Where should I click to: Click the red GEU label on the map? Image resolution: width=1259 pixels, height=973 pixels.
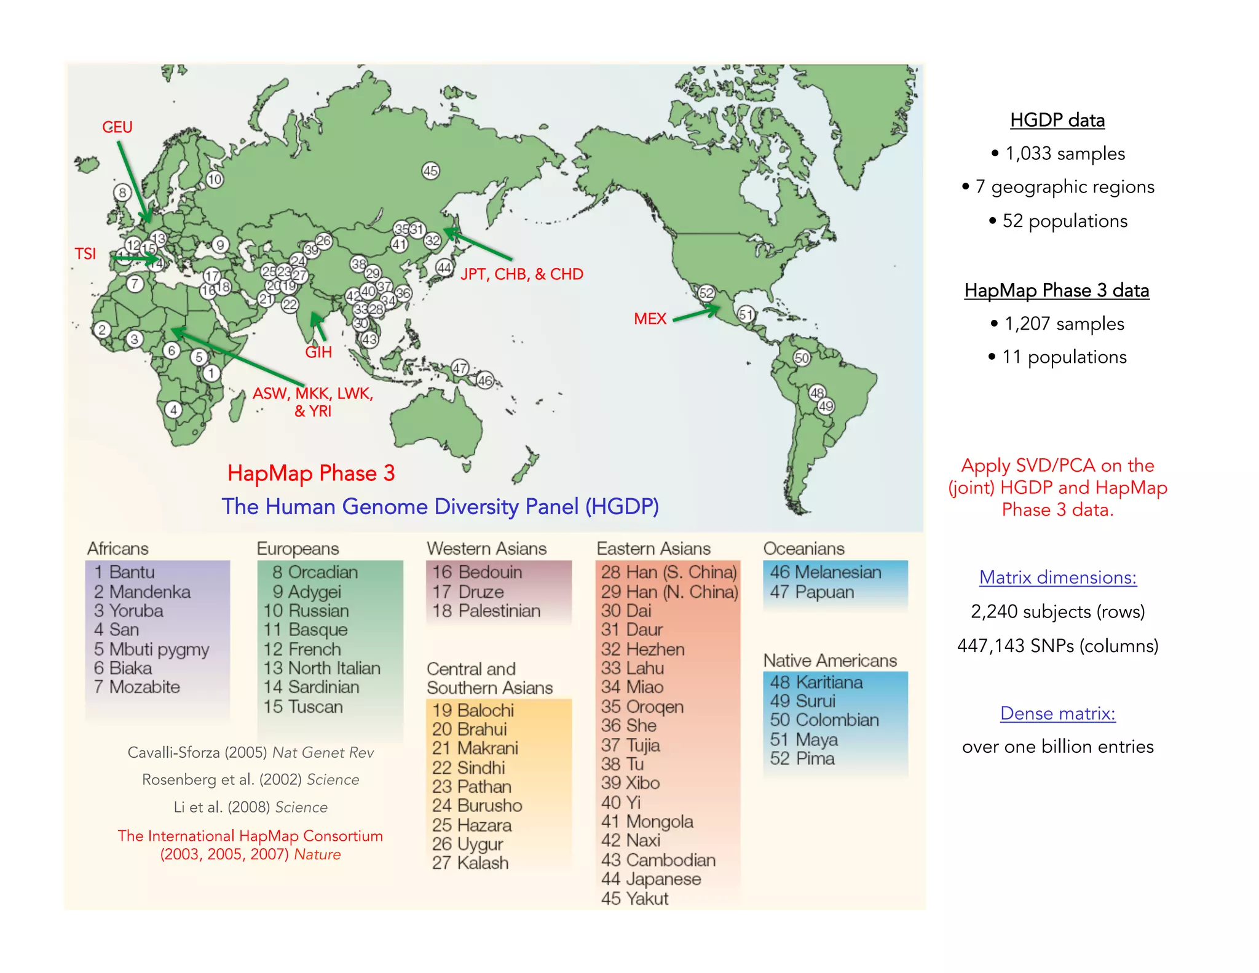117,127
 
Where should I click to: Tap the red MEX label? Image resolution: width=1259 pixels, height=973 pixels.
650,319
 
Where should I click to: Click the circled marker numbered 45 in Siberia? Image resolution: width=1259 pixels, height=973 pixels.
430,171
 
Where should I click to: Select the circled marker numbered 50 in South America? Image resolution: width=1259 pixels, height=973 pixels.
802,358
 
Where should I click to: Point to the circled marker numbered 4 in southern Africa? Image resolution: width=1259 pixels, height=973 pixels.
173,410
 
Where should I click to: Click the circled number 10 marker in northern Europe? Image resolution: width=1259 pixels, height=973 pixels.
214,180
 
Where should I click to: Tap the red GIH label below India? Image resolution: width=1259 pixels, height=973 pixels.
318,352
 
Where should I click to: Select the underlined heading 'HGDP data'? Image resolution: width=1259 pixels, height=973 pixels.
1057,120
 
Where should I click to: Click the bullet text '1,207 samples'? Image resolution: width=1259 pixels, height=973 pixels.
1064,324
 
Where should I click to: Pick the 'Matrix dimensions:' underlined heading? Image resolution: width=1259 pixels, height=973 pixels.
1057,578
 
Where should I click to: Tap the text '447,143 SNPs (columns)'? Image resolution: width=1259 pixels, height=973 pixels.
1057,646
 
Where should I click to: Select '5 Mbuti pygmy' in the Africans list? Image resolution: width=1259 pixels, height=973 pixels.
151,649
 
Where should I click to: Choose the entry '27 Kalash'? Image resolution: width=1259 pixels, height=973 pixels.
470,863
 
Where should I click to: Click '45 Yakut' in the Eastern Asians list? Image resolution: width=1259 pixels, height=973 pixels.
634,899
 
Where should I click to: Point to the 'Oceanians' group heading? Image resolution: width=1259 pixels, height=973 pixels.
803,549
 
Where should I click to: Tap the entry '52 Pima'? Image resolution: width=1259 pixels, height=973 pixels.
802,758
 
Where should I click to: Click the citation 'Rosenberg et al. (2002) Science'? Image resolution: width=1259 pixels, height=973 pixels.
251,780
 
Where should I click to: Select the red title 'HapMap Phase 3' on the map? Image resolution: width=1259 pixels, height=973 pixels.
311,473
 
